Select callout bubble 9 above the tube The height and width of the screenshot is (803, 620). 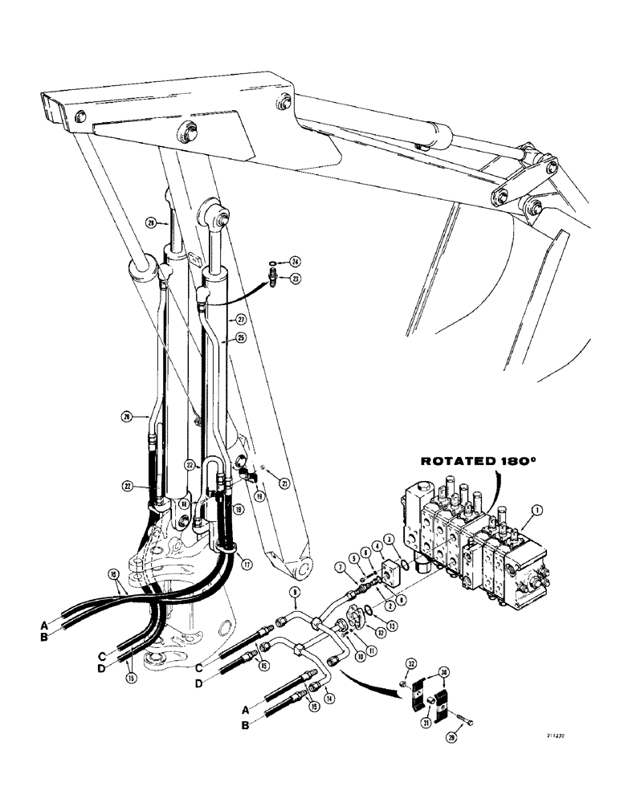(293, 593)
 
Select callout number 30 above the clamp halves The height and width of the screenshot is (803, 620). (441, 674)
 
